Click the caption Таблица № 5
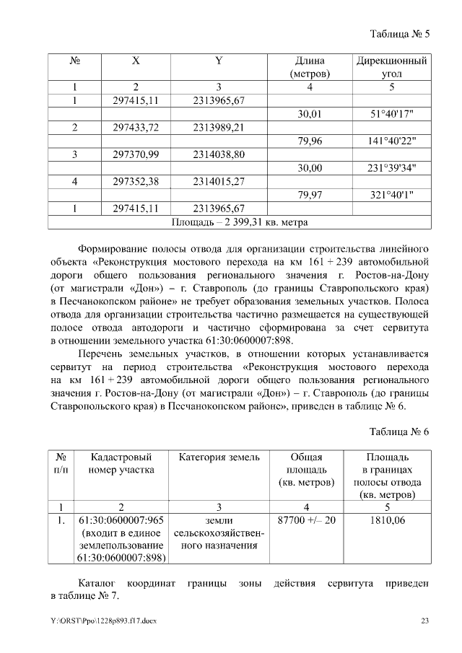click(x=399, y=34)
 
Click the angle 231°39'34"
click(x=392, y=168)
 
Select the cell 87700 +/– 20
click(x=306, y=520)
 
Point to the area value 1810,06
click(x=387, y=520)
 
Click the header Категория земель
click(x=219, y=457)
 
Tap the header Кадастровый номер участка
click(x=121, y=464)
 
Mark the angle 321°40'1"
click(x=391, y=195)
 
